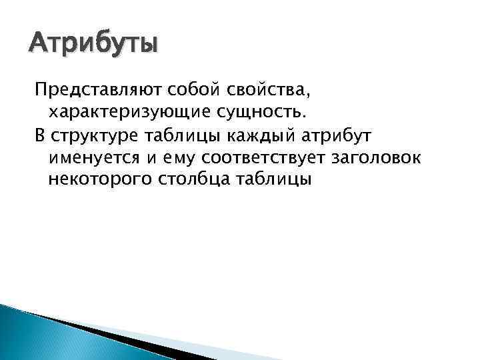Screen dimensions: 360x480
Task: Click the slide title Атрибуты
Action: pos(93,45)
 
